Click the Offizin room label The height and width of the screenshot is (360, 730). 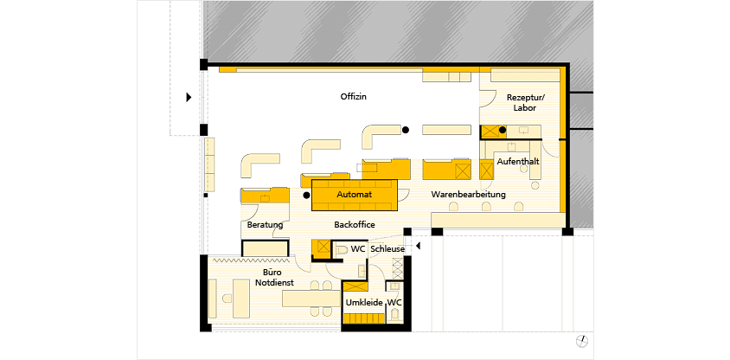coord(354,97)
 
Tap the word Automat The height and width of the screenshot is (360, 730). coord(355,194)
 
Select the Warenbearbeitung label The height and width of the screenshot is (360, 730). coord(468,194)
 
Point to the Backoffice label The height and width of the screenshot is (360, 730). coord(355,225)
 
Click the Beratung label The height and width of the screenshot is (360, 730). coord(265,225)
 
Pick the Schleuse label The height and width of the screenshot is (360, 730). coord(387,249)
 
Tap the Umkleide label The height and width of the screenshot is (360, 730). coord(364,303)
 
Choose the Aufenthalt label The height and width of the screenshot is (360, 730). coord(518,162)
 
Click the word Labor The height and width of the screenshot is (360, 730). coord(525,108)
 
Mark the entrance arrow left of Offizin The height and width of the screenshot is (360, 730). coord(189,97)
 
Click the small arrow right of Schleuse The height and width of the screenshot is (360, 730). coord(418,246)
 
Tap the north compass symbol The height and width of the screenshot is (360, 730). coord(581,341)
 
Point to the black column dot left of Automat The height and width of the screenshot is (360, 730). coord(306,196)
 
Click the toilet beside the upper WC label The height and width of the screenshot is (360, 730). coord(342,249)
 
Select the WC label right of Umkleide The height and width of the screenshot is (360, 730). coord(394,303)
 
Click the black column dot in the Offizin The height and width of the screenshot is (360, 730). coord(406,130)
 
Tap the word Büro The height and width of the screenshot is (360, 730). coord(265,273)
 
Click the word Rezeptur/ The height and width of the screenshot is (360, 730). coord(525,97)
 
